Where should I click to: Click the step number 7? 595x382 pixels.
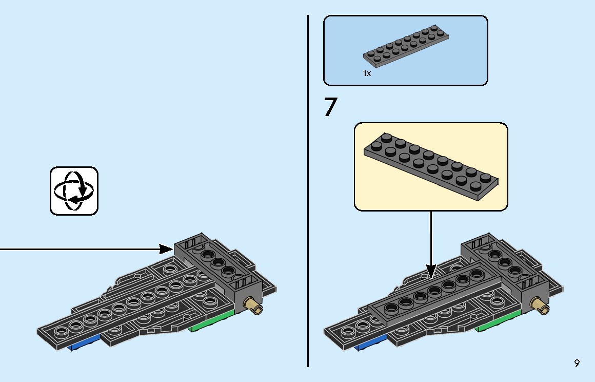[x=330, y=107]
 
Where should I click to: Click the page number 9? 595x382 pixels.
[x=577, y=364]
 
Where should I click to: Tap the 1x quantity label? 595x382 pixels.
[x=367, y=73]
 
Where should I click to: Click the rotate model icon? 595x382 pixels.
[x=74, y=191]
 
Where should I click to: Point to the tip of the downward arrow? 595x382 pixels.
[x=431, y=278]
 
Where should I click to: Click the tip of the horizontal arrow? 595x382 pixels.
[x=173, y=249]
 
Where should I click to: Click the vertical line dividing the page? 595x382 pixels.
[x=308, y=191]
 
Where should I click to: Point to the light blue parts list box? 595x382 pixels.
[x=406, y=50]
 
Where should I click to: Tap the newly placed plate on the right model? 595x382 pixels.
[x=434, y=297]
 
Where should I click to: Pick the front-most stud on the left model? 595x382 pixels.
[x=61, y=332]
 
